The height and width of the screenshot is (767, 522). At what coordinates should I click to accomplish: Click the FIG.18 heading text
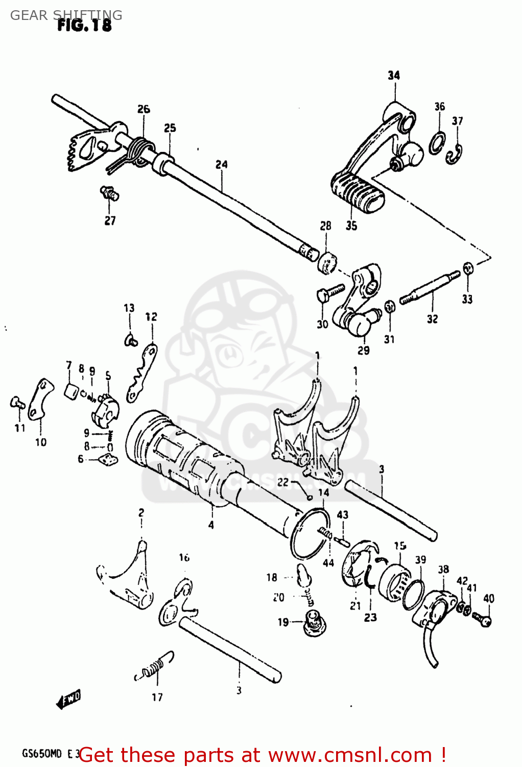tap(84, 26)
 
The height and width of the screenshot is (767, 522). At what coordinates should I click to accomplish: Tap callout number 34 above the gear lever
tap(393, 75)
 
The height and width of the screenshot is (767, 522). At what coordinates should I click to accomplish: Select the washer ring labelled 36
tap(437, 142)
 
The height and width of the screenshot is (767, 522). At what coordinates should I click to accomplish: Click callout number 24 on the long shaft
tap(221, 165)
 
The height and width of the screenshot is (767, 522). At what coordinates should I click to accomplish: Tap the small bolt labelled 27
tap(109, 193)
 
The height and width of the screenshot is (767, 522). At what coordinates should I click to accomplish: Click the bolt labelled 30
tap(328, 293)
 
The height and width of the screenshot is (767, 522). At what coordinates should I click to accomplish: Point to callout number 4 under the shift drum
tap(211, 525)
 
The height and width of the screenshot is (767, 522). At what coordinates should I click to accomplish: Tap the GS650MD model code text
tap(41, 754)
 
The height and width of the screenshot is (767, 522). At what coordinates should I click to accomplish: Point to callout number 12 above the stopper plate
tap(151, 317)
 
